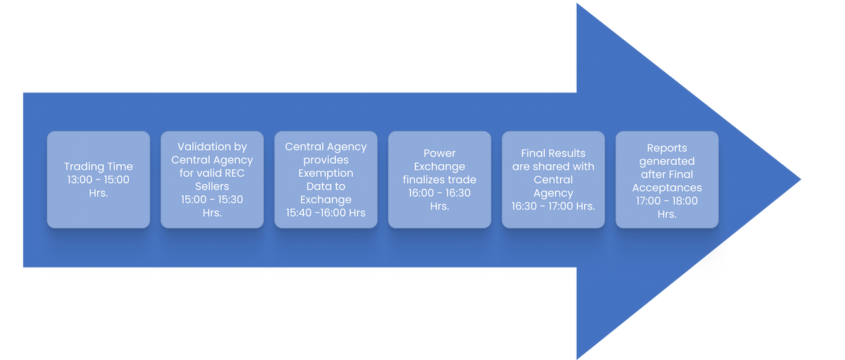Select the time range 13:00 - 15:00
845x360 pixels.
[x=99, y=180]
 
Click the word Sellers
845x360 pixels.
[x=212, y=187]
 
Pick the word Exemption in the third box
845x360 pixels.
[x=325, y=173]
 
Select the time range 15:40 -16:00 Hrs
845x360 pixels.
[x=325, y=213]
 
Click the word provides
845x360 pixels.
[x=325, y=160]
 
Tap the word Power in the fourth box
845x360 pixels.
[x=439, y=153]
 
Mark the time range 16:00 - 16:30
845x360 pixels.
[x=439, y=193]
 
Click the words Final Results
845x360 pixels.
[x=553, y=153]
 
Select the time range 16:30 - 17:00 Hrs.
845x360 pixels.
[x=553, y=206]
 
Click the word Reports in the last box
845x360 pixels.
[x=667, y=147]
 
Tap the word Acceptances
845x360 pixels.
[x=667, y=187]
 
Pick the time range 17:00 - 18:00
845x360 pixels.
[x=667, y=201]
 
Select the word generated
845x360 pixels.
[x=667, y=161]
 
